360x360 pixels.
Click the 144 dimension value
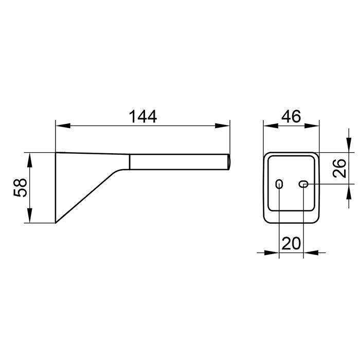pos(143,116)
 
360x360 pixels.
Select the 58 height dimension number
pos(21,187)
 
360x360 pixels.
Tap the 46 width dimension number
pos(291,116)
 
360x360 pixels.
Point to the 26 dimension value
pos(339,168)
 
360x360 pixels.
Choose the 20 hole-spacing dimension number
pos(291,243)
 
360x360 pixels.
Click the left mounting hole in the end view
pos(279,184)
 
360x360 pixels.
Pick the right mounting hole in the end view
pos(303,184)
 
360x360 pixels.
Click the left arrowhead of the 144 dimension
pos(63,125)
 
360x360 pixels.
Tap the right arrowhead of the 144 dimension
pos(222,125)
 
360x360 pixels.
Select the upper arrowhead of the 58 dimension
pos(30,160)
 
